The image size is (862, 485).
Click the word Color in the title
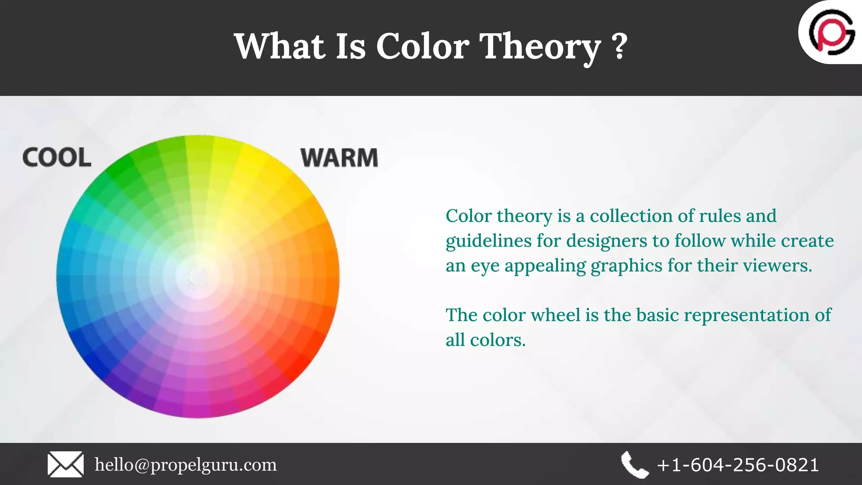[x=422, y=46]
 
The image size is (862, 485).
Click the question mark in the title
[x=620, y=46]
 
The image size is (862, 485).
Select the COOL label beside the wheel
[x=57, y=157]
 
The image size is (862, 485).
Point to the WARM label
[x=339, y=158]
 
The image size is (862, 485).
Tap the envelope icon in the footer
[x=65, y=464]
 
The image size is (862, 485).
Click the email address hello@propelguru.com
[x=186, y=465]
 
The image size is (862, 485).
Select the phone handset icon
[x=634, y=465]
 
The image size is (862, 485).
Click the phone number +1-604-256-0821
[x=738, y=465]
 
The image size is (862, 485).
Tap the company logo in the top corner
[x=832, y=32]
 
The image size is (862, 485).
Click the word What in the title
[x=279, y=46]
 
